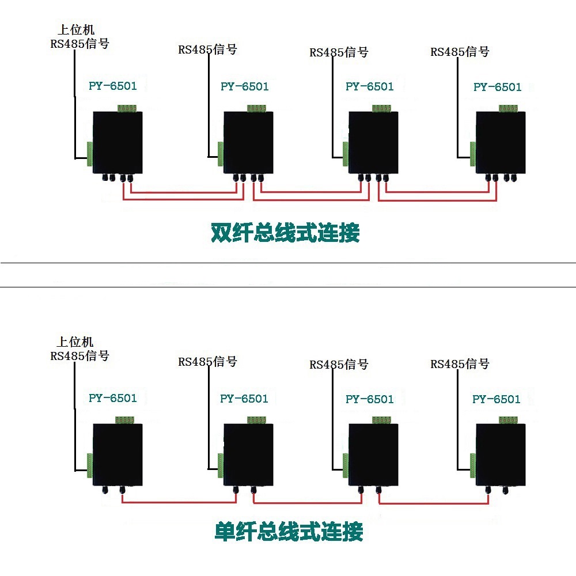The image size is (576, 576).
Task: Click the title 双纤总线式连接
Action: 285,233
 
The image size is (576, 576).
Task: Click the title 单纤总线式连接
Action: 289,531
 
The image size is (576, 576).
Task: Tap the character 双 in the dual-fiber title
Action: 221,233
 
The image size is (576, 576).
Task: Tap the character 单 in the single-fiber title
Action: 225,531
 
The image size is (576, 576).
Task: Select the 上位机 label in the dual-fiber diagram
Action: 76,30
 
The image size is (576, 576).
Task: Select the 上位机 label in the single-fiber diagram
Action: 75,342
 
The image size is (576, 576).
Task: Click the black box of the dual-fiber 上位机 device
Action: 118,142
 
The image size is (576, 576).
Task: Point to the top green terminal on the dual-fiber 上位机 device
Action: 127,108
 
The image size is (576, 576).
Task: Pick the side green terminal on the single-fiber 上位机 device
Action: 90,466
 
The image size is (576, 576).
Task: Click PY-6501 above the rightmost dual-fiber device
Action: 498,87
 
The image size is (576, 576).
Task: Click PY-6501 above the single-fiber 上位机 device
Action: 113,398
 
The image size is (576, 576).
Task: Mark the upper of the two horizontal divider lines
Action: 288,263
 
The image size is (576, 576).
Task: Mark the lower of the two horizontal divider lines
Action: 288,287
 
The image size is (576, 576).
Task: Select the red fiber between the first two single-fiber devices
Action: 179,502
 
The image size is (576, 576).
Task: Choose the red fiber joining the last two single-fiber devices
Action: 434,503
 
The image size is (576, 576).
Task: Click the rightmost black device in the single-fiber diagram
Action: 501,455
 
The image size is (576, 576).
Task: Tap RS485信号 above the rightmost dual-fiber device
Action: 460,52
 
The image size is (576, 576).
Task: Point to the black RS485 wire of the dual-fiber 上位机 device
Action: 75,104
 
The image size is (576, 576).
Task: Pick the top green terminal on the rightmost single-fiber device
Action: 509,420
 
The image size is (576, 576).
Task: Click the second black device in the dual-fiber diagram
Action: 248,142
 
